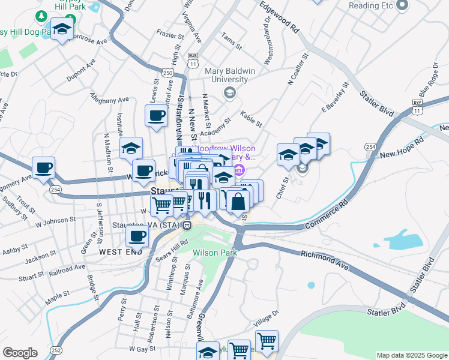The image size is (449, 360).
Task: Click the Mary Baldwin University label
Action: [x=226, y=75]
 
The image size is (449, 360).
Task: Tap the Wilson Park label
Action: [x=215, y=253]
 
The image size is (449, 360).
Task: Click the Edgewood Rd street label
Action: [x=280, y=17]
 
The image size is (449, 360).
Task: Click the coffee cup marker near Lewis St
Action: [x=157, y=116]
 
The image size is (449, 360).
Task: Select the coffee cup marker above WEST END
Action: [x=137, y=236]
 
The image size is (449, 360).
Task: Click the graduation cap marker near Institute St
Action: [x=131, y=149]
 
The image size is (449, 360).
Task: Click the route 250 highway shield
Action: [x=167, y=73]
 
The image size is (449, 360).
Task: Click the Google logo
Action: [x=20, y=353]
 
